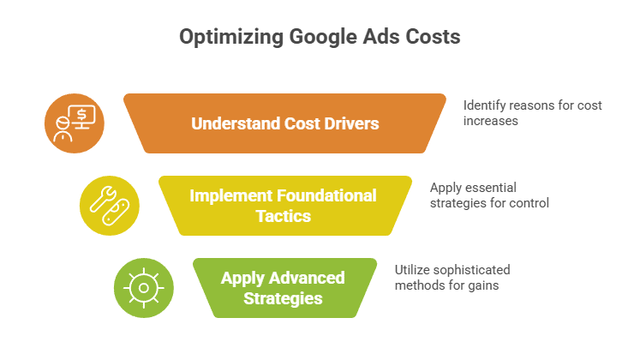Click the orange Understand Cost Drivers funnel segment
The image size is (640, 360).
pyautogui.click(x=284, y=123)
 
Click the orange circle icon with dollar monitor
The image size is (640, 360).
pyautogui.click(x=75, y=123)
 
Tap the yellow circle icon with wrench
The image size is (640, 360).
pyautogui.click(x=109, y=206)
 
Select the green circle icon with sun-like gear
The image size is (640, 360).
pyautogui.click(x=144, y=287)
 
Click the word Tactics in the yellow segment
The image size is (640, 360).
pyautogui.click(x=283, y=216)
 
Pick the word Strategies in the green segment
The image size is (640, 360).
pyautogui.click(x=283, y=298)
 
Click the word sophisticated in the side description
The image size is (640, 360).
pyautogui.click(x=468, y=269)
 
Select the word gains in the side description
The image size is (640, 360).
pyautogui.click(x=482, y=285)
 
